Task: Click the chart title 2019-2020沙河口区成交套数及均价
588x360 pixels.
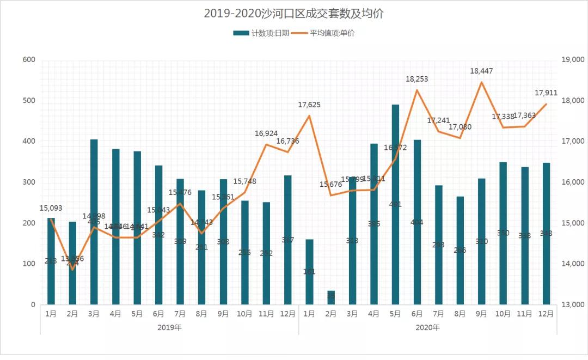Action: click(x=293, y=14)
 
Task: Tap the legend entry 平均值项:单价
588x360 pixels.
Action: click(x=325, y=33)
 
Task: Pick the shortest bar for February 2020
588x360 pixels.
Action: click(x=331, y=297)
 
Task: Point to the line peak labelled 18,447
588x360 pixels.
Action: click(x=482, y=82)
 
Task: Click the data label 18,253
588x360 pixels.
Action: click(x=417, y=79)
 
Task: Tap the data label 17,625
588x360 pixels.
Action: click(x=309, y=105)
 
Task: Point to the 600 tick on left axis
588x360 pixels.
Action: click(x=28, y=60)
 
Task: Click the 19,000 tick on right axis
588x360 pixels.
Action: click(x=572, y=60)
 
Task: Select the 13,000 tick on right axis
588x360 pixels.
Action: click(x=572, y=304)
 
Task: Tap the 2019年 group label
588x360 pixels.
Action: click(x=169, y=327)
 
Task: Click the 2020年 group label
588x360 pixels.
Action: click(x=428, y=327)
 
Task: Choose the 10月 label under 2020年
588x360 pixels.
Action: click(x=503, y=314)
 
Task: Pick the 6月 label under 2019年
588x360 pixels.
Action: click(x=158, y=314)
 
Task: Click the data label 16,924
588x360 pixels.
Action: click(x=267, y=133)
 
